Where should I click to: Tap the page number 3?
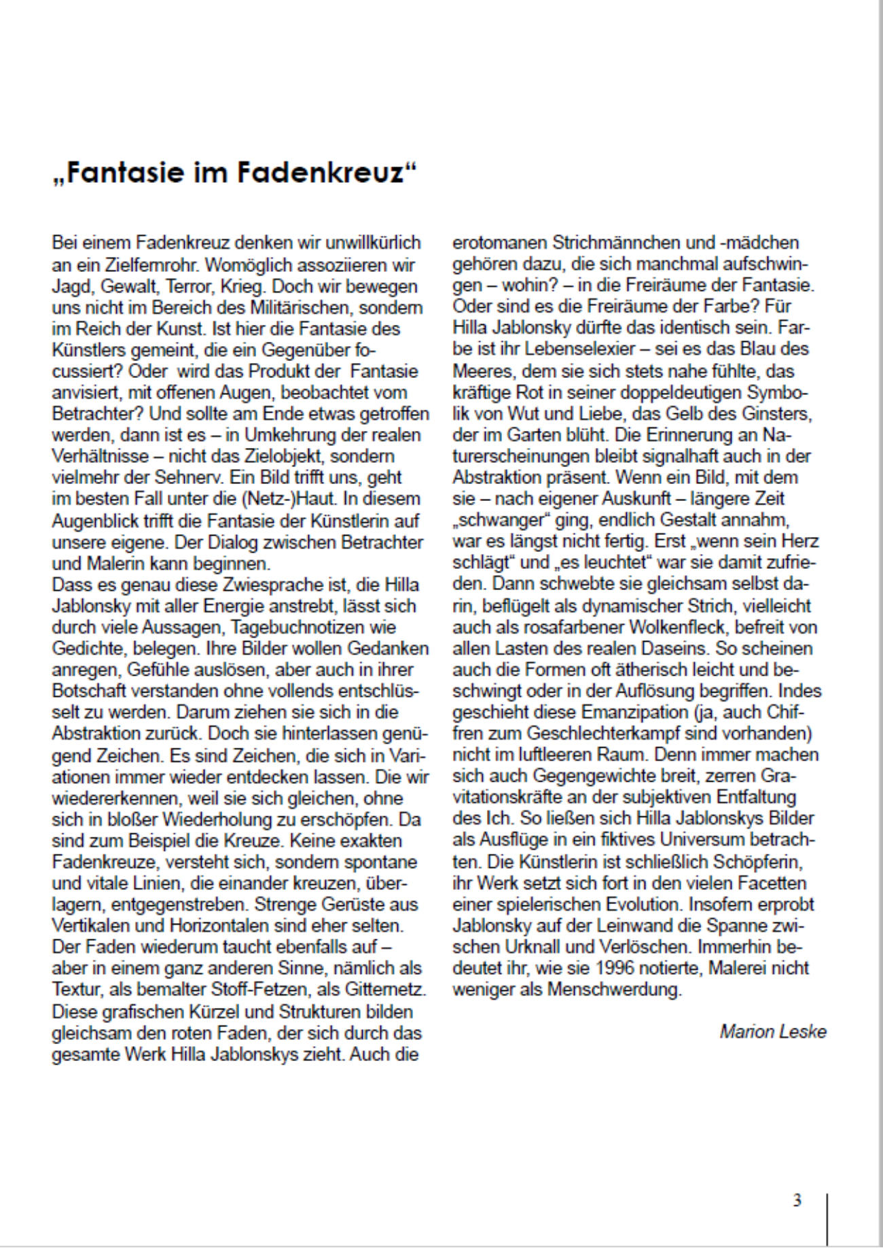pos(797,1200)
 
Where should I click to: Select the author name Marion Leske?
pos(773,1032)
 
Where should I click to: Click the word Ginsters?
pos(777,413)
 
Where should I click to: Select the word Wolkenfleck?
pos(634,627)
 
